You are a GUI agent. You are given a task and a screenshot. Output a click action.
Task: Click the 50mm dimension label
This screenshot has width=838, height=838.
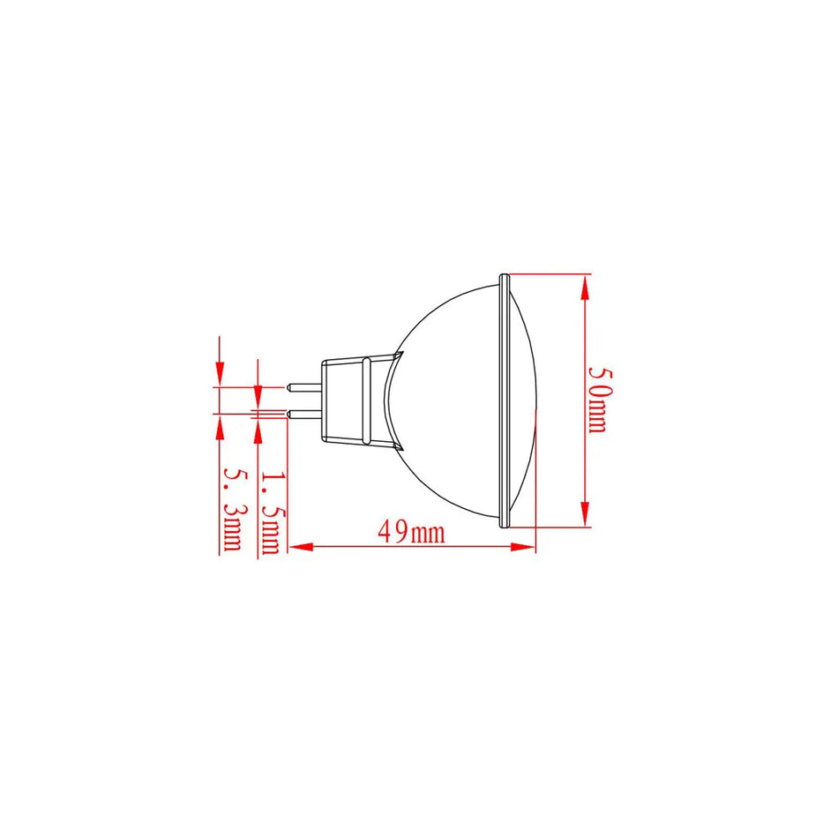599,400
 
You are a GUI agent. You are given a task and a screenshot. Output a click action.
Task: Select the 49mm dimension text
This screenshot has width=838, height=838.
411,532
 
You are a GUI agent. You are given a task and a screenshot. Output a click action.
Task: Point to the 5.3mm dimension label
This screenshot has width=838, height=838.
233,510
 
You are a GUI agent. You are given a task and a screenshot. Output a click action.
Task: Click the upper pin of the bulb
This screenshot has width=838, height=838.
304,386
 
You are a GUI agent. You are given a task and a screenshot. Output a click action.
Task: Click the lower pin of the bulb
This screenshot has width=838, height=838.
304,413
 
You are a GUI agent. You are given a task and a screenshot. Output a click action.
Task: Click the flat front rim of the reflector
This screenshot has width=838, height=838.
505,400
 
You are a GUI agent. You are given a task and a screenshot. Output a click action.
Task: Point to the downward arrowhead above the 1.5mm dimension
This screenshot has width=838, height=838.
258,374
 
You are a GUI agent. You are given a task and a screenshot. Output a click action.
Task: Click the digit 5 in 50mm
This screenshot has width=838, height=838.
599,375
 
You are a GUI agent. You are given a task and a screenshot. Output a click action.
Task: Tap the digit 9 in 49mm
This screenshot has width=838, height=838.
400,532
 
